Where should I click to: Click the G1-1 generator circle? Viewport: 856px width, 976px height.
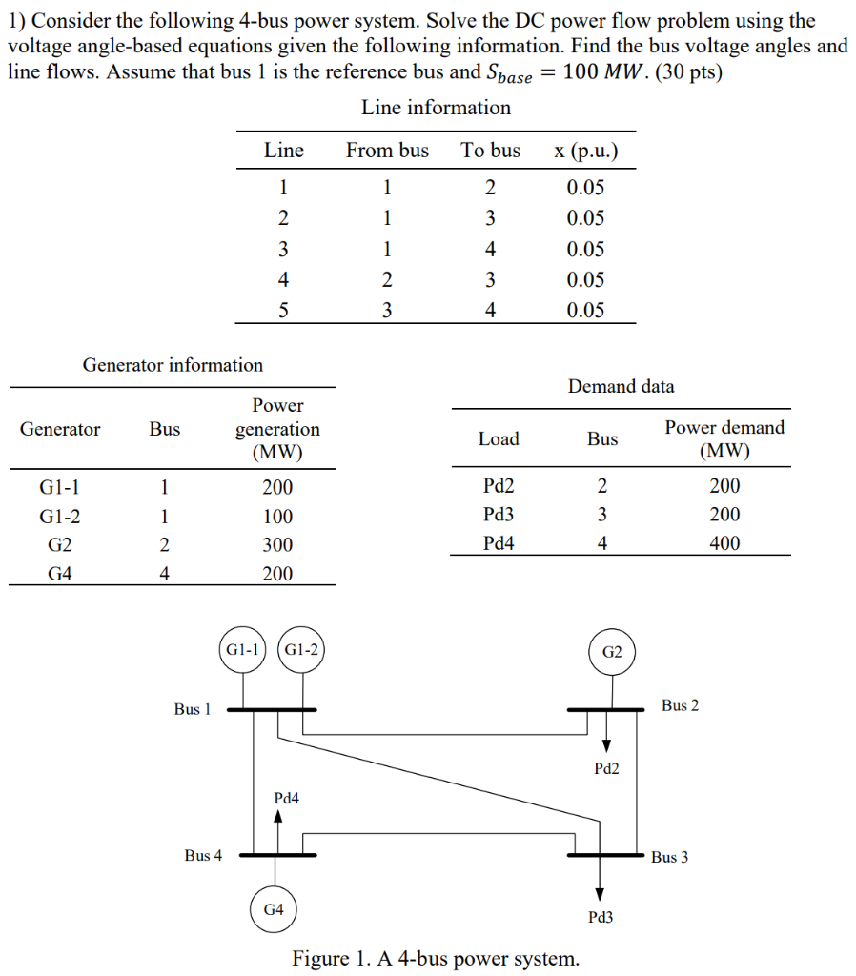tap(242, 650)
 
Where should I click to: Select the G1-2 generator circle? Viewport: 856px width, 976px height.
tap(301, 650)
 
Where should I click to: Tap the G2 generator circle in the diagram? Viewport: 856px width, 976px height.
tap(611, 652)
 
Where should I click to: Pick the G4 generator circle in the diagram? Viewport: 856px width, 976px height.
tap(274, 909)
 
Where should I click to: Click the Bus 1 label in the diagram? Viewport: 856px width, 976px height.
tap(193, 709)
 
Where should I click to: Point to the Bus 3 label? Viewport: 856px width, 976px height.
tap(669, 857)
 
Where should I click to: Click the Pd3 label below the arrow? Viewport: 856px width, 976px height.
tap(601, 917)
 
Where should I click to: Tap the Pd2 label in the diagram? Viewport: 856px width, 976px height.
tap(606, 768)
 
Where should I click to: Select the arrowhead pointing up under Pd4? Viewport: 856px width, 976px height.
tap(278, 816)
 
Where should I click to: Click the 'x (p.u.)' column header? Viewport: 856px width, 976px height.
tap(584, 151)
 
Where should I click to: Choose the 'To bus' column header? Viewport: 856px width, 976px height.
tap(490, 151)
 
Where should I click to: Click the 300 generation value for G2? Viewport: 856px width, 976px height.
tap(277, 545)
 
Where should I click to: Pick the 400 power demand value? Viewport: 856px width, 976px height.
tap(724, 543)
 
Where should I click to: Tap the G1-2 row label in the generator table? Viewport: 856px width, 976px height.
tap(59, 517)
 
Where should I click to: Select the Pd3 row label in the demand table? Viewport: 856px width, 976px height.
tap(499, 515)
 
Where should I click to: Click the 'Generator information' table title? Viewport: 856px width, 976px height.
tap(173, 365)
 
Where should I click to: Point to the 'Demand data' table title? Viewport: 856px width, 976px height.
tap(621, 386)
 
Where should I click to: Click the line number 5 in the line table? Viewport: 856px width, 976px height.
tap(283, 310)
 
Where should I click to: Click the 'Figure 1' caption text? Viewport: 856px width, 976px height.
tap(435, 958)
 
